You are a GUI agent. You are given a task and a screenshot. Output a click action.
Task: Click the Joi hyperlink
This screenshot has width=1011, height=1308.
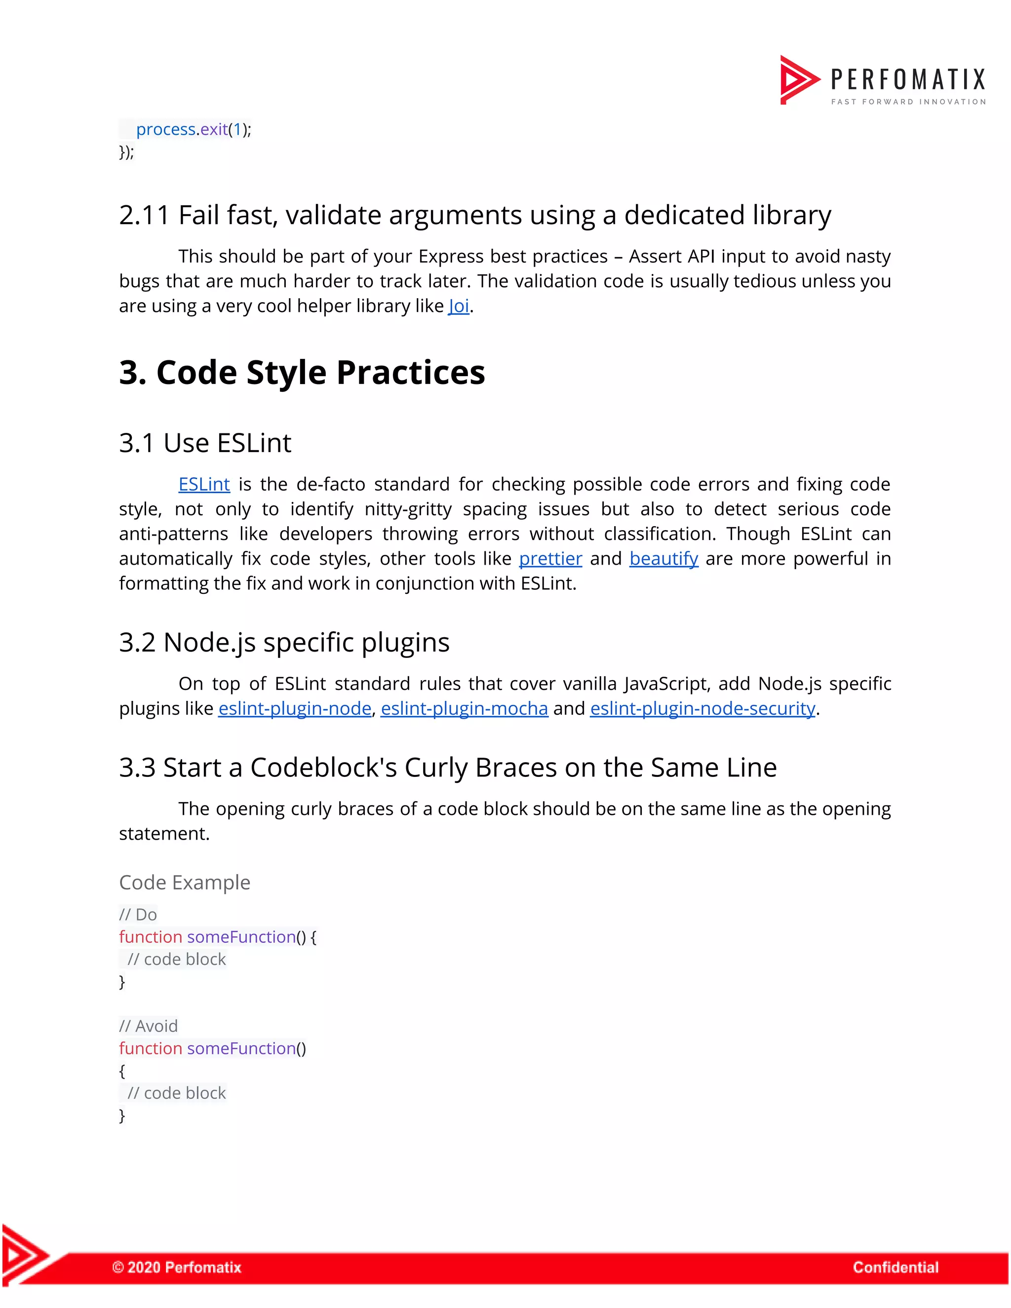point(458,306)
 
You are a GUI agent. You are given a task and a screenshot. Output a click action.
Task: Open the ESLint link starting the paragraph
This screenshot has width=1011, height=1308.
point(204,484)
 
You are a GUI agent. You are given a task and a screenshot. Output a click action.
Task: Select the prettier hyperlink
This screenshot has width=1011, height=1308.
point(550,558)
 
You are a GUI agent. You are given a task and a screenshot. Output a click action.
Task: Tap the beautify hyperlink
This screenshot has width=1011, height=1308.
point(663,558)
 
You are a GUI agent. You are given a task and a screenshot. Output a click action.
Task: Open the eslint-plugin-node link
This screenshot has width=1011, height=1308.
point(295,708)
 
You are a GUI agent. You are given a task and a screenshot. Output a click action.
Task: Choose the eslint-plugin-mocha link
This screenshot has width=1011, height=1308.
point(464,708)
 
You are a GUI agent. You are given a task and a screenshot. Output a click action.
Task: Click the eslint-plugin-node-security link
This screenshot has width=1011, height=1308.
point(702,708)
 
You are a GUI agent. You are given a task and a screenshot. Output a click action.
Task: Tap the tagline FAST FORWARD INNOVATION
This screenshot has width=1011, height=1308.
point(908,102)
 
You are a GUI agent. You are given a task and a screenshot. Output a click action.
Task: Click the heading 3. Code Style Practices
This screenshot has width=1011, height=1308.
point(302,372)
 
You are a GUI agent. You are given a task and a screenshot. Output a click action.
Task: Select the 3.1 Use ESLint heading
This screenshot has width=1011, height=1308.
point(205,443)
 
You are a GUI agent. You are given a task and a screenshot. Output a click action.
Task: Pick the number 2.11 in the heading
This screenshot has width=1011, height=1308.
point(144,215)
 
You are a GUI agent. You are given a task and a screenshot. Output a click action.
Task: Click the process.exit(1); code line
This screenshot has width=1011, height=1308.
point(194,129)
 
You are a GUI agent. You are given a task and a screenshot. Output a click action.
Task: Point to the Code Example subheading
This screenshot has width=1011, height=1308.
point(185,882)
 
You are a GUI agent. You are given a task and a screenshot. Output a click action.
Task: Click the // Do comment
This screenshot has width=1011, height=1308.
point(138,915)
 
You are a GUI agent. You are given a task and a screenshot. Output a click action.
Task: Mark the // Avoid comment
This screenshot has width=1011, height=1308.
point(148,1026)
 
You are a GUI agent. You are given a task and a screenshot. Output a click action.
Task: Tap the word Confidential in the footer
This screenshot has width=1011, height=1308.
point(895,1267)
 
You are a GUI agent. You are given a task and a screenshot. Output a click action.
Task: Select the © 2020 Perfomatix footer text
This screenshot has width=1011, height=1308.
point(177,1267)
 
